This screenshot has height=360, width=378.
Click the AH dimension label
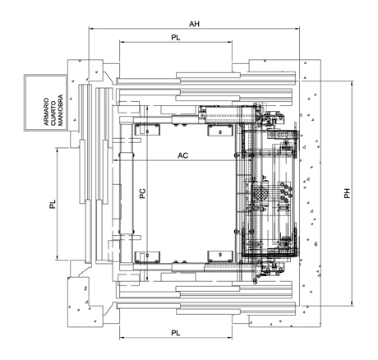(194, 24)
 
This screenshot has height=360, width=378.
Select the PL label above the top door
(176, 38)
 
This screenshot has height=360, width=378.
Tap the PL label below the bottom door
(176, 333)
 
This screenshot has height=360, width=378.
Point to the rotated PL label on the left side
(53, 204)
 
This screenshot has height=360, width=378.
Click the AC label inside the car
(183, 155)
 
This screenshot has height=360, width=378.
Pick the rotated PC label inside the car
(142, 194)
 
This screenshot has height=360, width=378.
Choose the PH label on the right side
(348, 193)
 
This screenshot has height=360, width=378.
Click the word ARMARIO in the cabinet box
(47, 112)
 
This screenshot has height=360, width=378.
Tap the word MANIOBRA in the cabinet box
(61, 110)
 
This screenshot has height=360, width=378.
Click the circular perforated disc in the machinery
(259, 193)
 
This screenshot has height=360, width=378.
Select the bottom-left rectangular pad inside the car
(147, 256)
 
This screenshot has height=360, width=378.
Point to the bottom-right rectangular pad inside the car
(220, 256)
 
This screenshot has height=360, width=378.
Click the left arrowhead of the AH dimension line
(91, 28)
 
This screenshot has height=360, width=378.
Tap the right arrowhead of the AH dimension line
(297, 28)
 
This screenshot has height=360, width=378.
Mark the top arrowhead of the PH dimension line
(352, 84)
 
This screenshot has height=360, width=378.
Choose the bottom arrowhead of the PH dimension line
(352, 303)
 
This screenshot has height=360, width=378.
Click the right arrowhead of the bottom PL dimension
(229, 338)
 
